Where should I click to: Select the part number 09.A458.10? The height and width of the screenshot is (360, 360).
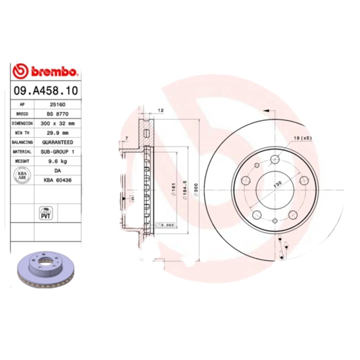pos(45,90)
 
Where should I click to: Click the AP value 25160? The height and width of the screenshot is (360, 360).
pos(58,104)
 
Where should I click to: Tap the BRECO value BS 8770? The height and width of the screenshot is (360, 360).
pos(58,114)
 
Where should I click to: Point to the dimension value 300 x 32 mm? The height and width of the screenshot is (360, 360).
pos(58,123)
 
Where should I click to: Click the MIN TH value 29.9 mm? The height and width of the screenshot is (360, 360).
pos(58,133)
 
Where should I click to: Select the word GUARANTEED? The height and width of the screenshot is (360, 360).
pos(58,142)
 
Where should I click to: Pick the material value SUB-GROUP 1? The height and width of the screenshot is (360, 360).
pos(58,152)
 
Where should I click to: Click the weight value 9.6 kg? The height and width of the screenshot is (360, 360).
pos(58,161)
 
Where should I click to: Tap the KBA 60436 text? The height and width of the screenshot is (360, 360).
pos(58,180)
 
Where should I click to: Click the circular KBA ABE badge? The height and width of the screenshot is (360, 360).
pos(22,175)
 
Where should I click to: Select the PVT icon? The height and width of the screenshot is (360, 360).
pos(46,213)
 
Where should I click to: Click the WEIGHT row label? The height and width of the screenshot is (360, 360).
pos(22,161)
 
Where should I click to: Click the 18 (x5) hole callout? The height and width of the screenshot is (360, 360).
pos(303,138)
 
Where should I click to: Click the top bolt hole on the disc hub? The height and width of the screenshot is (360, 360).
pos(275,159)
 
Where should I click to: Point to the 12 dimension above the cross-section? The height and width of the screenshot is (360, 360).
pos(160,110)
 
